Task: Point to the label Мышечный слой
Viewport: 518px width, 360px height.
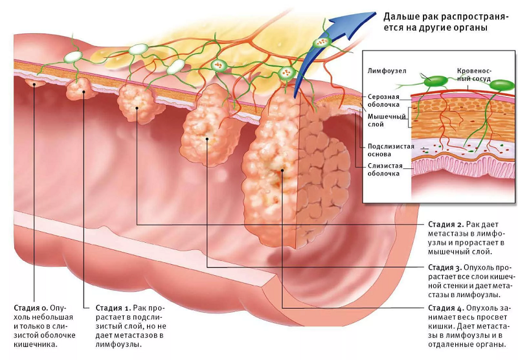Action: click(x=385, y=120)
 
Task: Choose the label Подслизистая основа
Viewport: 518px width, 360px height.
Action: click(x=390, y=151)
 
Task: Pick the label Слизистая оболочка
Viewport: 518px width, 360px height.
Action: click(x=386, y=170)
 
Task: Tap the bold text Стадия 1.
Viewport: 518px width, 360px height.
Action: click(x=113, y=307)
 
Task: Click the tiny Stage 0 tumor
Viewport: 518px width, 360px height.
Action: click(x=34, y=82)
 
